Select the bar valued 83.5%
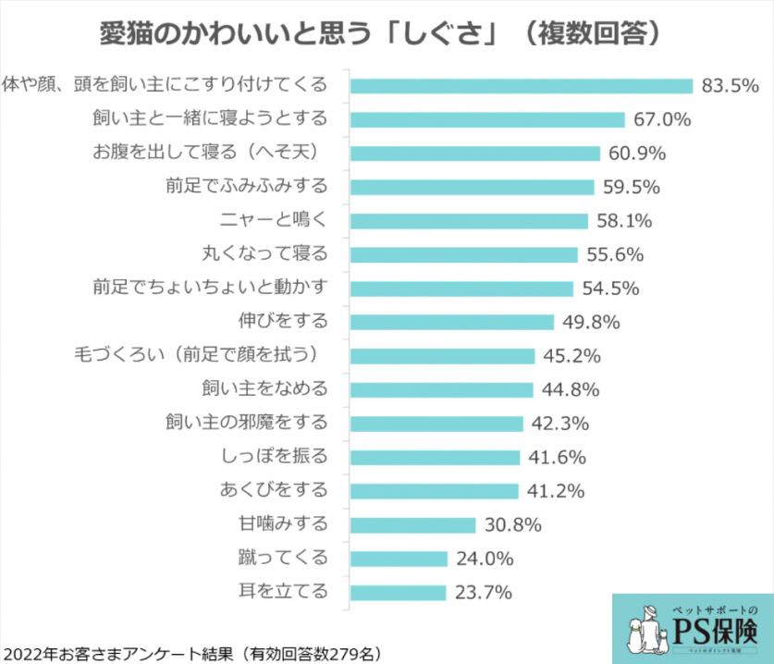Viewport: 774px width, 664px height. [x=522, y=86]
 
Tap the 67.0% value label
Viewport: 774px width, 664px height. [x=663, y=119]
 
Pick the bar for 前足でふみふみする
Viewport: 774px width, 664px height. [x=473, y=187]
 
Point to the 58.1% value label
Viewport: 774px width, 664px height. [x=625, y=221]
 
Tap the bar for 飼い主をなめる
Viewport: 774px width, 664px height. [x=442, y=389]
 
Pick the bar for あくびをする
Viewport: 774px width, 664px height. [x=435, y=491]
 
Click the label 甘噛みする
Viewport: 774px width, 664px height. [x=284, y=524]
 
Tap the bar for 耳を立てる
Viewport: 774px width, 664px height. [x=399, y=592]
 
